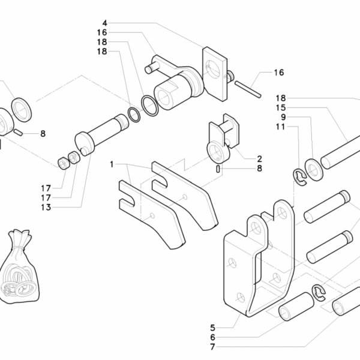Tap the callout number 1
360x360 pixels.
[x=112, y=163]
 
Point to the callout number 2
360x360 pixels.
[x=259, y=159]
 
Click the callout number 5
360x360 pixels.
[x=213, y=328]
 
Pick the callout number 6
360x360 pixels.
[x=213, y=337]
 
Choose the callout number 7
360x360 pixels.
[x=213, y=347]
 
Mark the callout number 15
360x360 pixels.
[x=281, y=107]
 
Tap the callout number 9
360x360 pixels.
[x=281, y=117]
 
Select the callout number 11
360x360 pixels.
[x=281, y=127]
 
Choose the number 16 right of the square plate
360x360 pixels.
[x=278, y=73]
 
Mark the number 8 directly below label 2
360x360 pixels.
[x=259, y=169]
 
